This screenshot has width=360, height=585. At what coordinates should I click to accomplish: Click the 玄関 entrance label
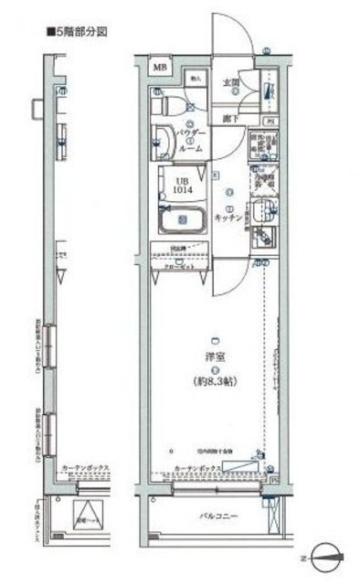point(231,83)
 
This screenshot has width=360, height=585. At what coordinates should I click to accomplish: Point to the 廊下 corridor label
point(230,118)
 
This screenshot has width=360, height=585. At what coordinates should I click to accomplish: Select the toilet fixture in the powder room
point(164,109)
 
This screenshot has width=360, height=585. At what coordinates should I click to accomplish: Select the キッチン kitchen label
point(228,218)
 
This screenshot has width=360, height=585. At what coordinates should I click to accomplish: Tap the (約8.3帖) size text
point(212,381)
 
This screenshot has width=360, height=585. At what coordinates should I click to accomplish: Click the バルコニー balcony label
point(219,517)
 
